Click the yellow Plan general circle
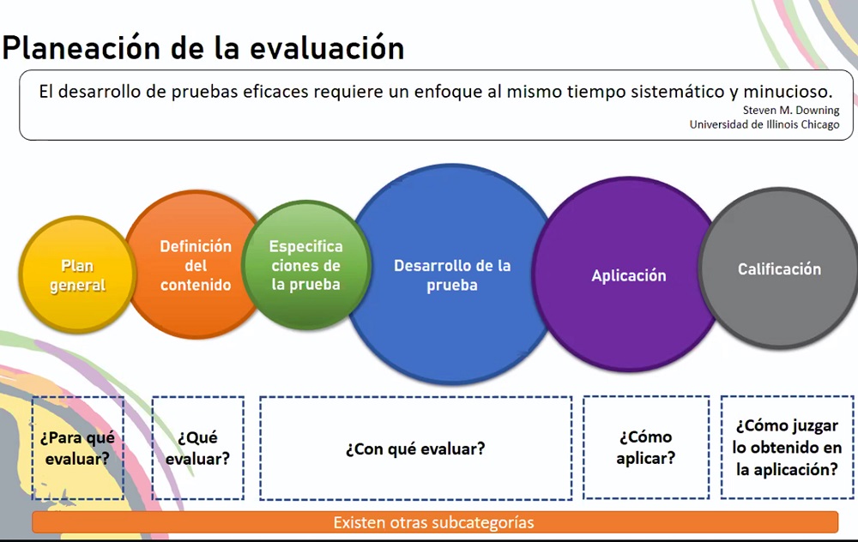coord(77,274)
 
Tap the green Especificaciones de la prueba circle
coord(306,265)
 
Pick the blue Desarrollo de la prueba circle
coord(452,274)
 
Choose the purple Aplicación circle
coord(628,274)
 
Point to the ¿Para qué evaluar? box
coord(78,448)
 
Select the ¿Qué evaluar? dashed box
coord(197,448)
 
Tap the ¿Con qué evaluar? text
coord(415,449)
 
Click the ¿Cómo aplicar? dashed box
coord(646,448)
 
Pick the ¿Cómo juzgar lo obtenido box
coord(787,448)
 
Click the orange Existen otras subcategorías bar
coord(435,522)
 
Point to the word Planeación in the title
coord(81,47)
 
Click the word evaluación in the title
coord(327,47)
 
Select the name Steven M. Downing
coord(791,110)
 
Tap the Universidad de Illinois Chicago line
coord(764,124)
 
